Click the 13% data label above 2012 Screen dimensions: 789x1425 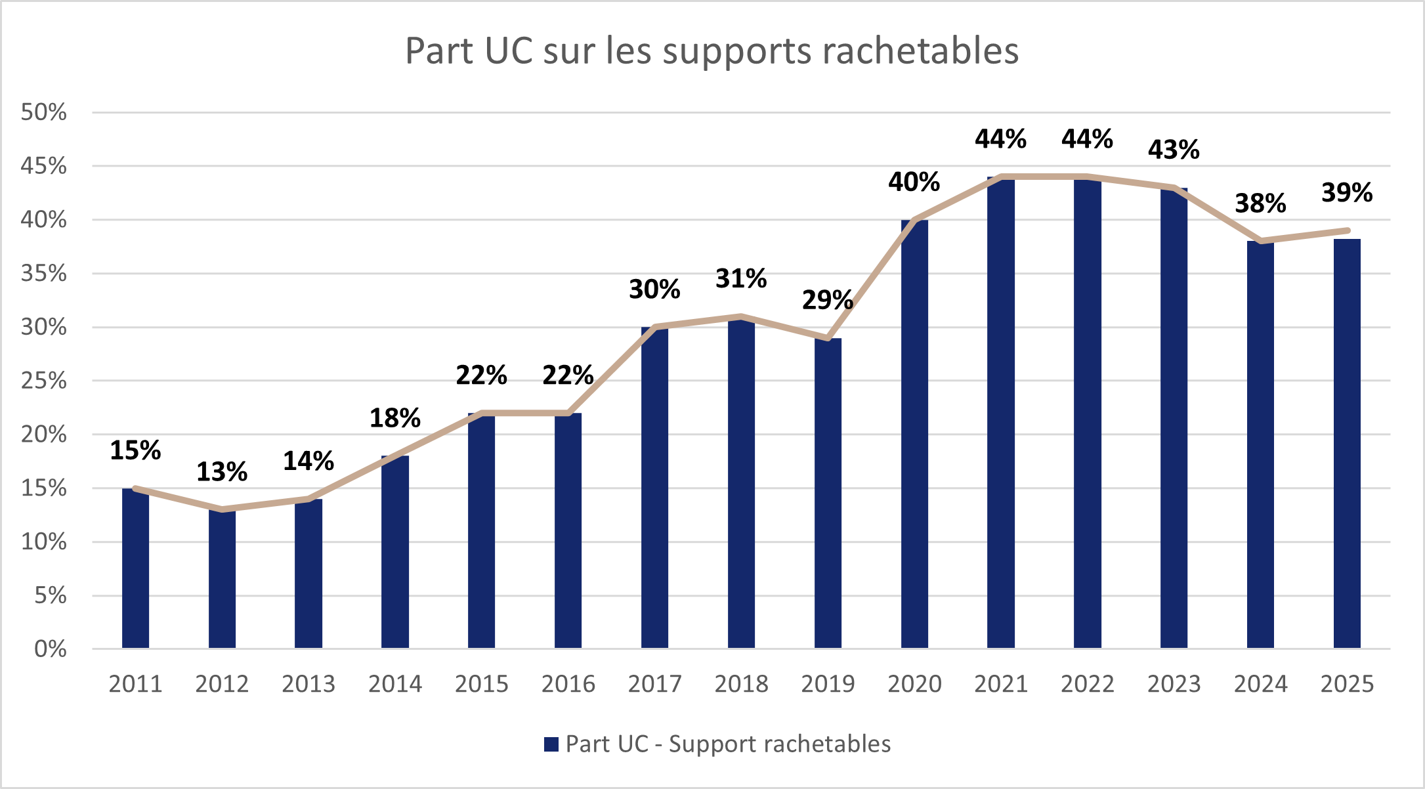pos(222,472)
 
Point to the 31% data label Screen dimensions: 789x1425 pos(741,279)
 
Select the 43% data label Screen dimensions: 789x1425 pos(1174,150)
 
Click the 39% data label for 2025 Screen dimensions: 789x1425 pos(1347,193)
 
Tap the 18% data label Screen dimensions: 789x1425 pos(395,418)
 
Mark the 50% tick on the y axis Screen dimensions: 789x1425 pos(44,112)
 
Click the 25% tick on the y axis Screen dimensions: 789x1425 pos(44,381)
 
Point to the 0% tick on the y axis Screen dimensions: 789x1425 pos(51,649)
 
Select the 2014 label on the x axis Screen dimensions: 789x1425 pos(395,684)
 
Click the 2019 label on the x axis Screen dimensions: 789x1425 pos(828,684)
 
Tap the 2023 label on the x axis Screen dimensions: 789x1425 pos(1174,684)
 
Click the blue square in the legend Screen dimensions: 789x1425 pos(551,744)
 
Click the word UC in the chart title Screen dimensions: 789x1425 pos(509,51)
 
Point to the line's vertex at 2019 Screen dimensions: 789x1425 pos(828,338)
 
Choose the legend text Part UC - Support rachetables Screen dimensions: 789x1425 pos(728,744)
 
